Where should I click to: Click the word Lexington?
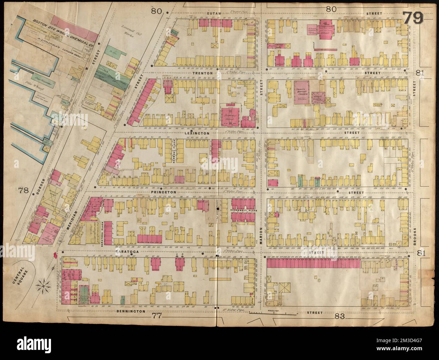(x=201, y=133)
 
